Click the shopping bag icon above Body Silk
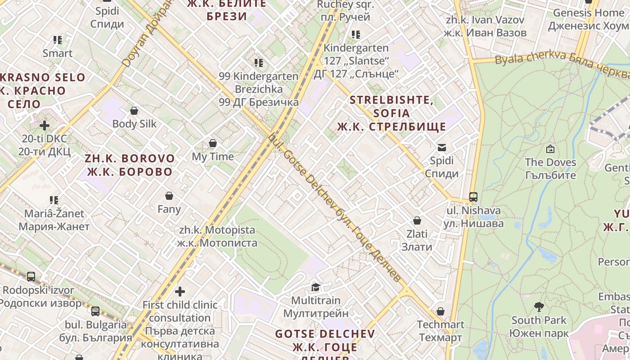tap(134, 111)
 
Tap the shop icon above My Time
tap(213, 144)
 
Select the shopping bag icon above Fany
tap(169, 196)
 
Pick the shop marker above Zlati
tap(417, 220)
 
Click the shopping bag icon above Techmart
tap(441, 311)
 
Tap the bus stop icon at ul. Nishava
tap(473, 197)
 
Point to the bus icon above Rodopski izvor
tap(31, 277)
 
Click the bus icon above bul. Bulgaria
tap(95, 311)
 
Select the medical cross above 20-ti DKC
tap(44, 126)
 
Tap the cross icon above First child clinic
tap(180, 292)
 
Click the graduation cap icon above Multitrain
tap(315, 287)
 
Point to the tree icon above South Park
tap(539, 307)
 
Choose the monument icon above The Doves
tap(550, 149)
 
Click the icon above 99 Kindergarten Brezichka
tap(258, 63)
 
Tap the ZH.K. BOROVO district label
tap(130, 165)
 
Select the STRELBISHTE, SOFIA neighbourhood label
tap(391, 113)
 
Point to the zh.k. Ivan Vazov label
tap(485, 26)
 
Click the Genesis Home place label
tap(588, 19)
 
